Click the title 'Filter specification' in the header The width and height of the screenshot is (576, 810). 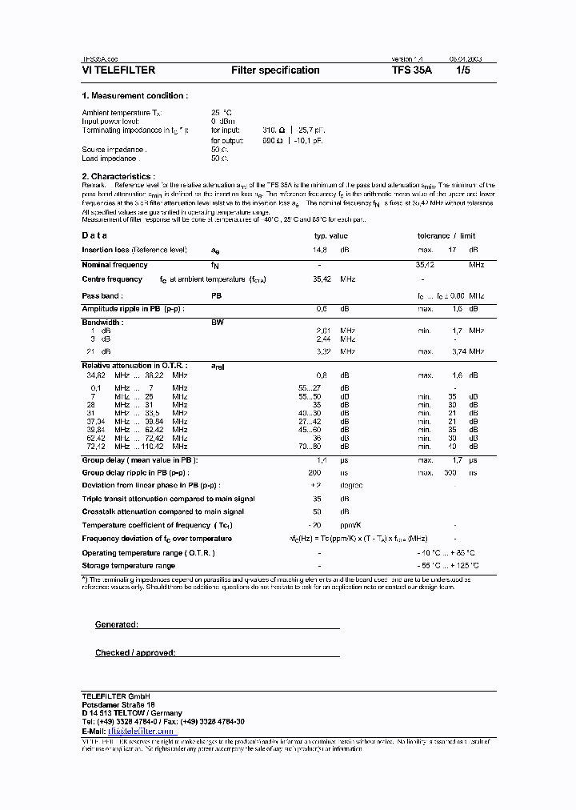coord(275,70)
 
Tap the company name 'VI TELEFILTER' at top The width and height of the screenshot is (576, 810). coord(118,70)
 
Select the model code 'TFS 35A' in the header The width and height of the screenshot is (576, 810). coord(412,70)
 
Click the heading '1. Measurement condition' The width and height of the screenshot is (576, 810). coord(135,96)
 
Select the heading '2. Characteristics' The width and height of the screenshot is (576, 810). coord(118,176)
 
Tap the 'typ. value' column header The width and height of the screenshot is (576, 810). coord(330,235)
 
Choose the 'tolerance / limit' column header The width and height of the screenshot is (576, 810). coord(446,235)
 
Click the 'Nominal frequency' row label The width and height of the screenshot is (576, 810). coord(114,265)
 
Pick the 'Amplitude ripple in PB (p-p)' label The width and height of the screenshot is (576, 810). coord(133,309)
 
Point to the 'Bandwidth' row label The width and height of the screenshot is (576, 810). coord(102,323)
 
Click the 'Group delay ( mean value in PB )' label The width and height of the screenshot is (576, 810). coord(140,460)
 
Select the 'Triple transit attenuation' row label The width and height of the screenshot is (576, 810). coord(168,499)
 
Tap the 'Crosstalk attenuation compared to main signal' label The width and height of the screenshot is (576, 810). coord(163,511)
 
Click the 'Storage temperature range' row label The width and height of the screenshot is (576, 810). coord(128,566)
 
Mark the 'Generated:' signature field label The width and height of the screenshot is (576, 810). coord(117,624)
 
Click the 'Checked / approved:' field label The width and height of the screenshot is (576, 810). coord(135,653)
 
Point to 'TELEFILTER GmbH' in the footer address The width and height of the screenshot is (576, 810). coord(116,695)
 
